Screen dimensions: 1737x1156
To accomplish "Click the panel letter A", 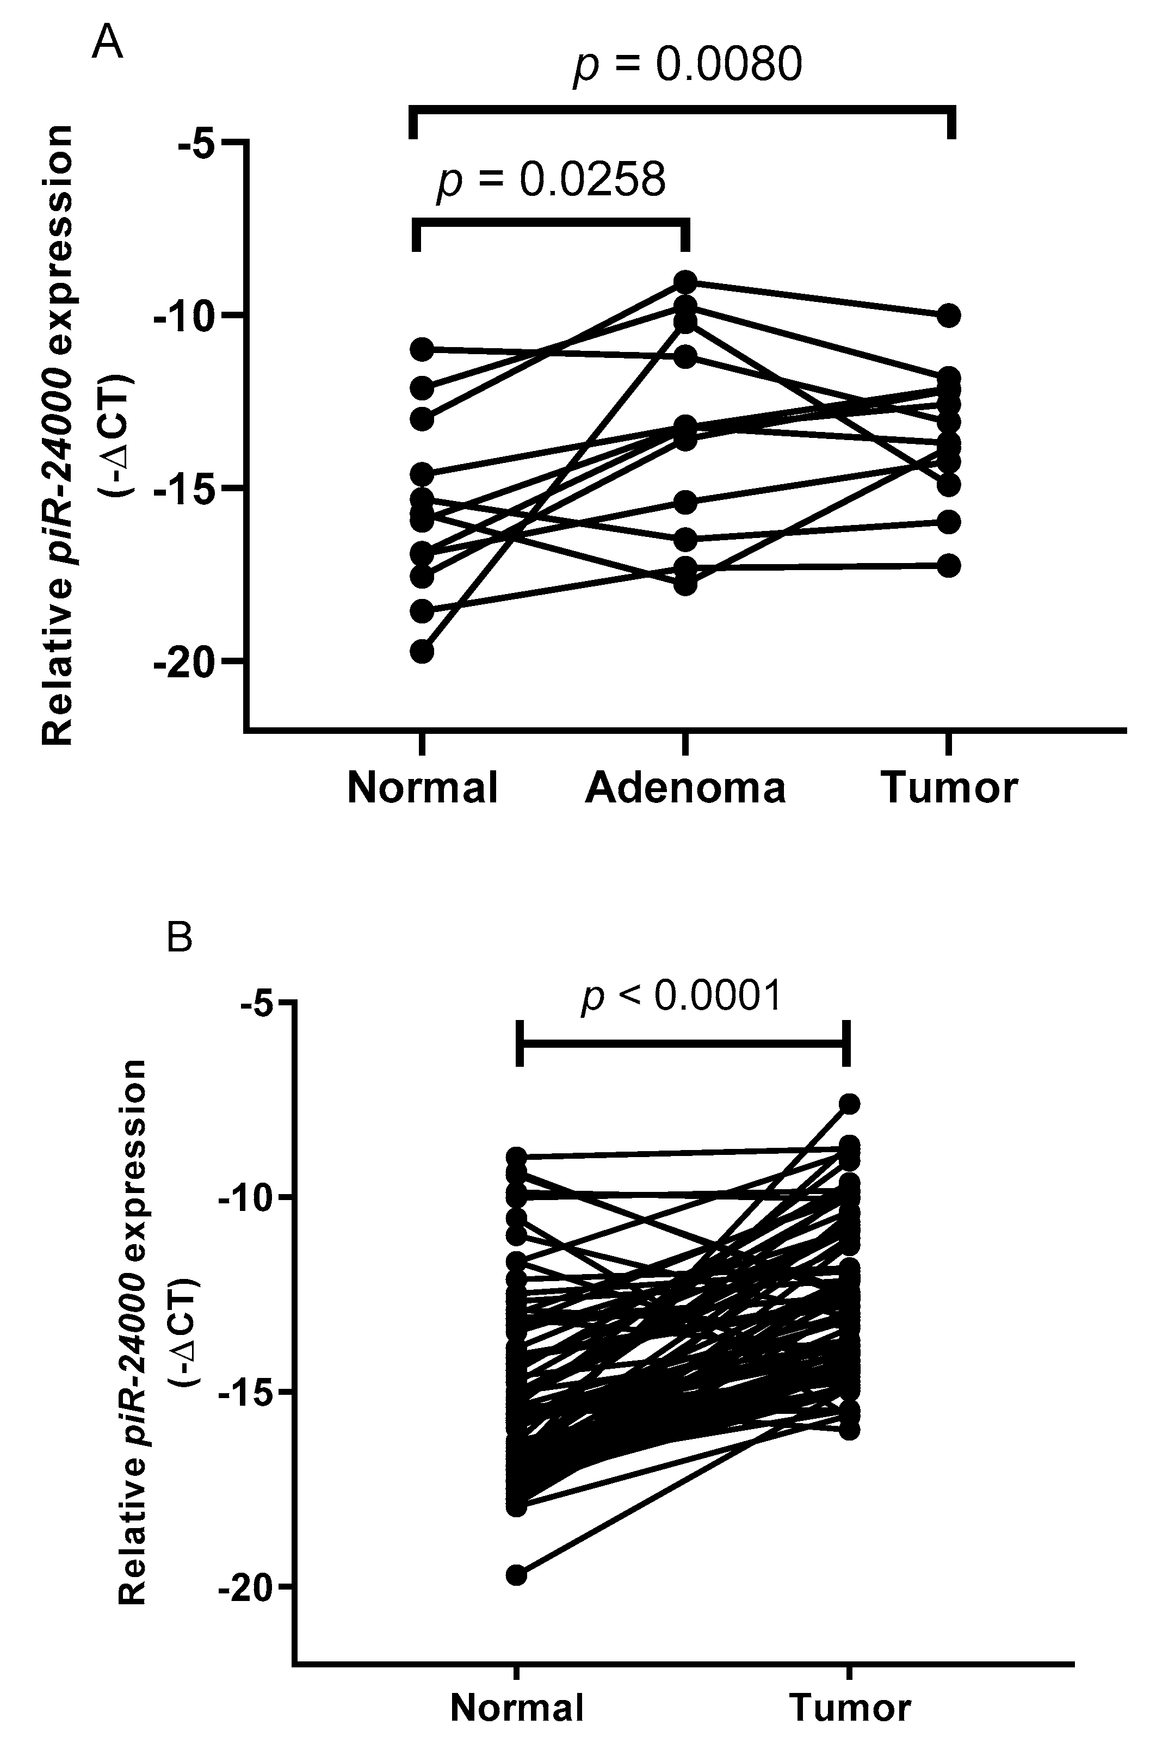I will (108, 44).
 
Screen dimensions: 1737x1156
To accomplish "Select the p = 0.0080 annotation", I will (687, 64).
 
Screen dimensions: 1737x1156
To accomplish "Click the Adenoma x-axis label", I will (685, 787).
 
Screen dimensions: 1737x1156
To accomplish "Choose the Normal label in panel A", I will (423, 787).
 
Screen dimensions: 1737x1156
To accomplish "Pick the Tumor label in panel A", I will (950, 787).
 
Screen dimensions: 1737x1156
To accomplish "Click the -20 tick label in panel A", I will (184, 662).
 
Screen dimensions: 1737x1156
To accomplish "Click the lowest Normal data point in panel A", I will (422, 652).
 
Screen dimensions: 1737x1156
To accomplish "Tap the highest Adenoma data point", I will (685, 282).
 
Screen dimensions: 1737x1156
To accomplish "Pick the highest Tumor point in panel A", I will (949, 316).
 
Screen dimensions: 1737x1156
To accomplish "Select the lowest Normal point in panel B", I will (517, 1575).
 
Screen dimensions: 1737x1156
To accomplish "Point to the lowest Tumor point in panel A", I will (949, 565).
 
